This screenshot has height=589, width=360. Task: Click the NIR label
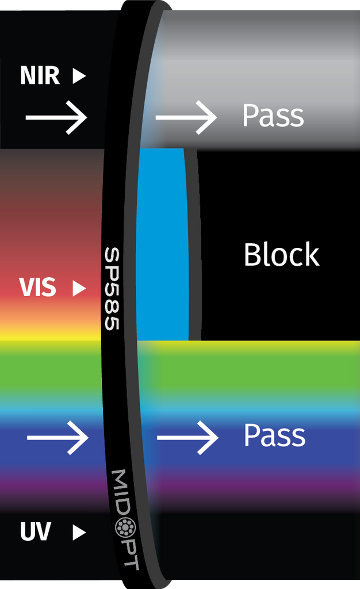click(x=40, y=75)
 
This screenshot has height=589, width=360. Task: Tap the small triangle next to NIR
click(x=79, y=76)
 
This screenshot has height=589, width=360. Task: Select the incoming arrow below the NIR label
click(x=56, y=117)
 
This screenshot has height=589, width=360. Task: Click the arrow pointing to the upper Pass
click(x=186, y=117)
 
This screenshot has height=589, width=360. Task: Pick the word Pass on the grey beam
click(x=273, y=116)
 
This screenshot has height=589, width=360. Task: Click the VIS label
click(x=38, y=288)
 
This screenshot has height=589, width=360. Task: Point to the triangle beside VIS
click(x=79, y=288)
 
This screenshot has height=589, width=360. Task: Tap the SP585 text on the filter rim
click(x=112, y=289)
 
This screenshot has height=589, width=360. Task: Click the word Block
click(x=281, y=254)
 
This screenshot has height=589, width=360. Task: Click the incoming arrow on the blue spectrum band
click(x=58, y=437)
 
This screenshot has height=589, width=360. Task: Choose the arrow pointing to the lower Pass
click(x=187, y=437)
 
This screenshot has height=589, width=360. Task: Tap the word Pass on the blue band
click(x=274, y=435)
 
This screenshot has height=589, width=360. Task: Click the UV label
click(x=36, y=533)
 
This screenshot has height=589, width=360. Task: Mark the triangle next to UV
click(x=79, y=533)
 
